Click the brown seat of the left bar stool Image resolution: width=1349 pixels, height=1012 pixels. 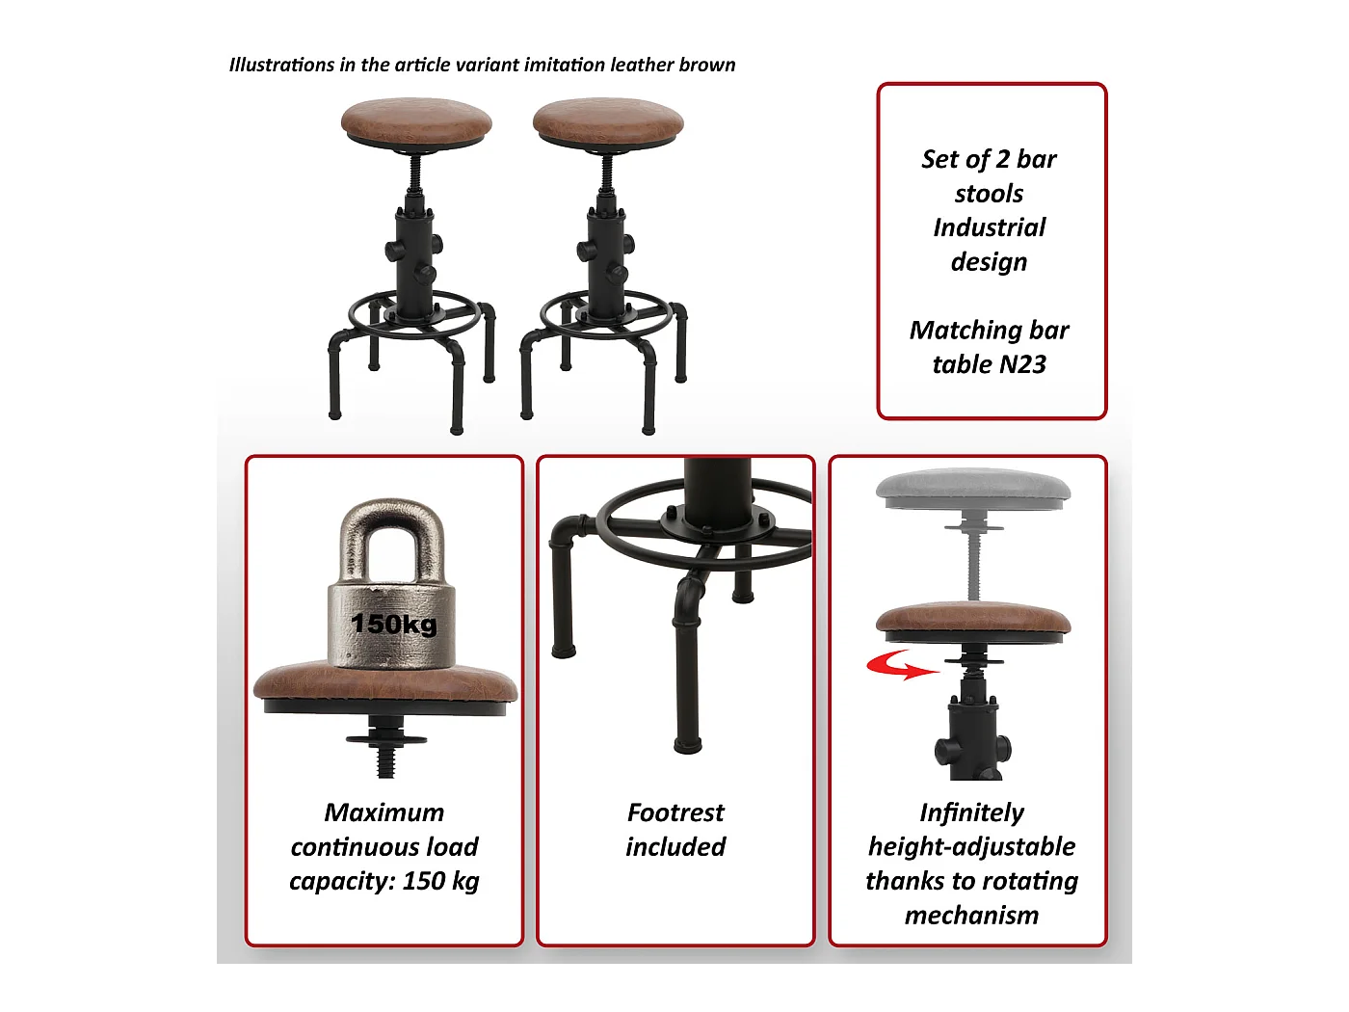(x=416, y=120)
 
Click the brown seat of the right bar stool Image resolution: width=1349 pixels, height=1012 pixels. (x=608, y=120)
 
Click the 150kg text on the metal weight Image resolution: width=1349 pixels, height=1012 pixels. (x=394, y=624)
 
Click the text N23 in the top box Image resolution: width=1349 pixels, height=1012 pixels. (x=1022, y=364)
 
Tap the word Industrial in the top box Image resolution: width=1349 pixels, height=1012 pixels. (x=989, y=227)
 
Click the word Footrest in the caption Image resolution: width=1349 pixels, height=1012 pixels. (x=675, y=812)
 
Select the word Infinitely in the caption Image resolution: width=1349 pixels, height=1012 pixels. (x=971, y=812)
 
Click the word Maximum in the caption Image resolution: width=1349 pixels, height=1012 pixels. (x=384, y=812)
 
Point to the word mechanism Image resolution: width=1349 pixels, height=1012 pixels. (x=971, y=916)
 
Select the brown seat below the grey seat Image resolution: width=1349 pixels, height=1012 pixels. (x=973, y=618)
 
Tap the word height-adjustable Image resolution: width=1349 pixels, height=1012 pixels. (x=971, y=847)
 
